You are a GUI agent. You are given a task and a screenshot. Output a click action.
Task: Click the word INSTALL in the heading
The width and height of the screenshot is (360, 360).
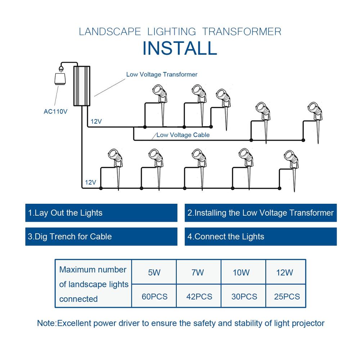(x=180, y=48)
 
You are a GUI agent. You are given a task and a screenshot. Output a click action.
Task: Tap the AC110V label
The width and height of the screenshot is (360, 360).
(x=55, y=112)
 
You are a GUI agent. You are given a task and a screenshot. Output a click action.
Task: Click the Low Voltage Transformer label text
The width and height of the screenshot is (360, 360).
(x=162, y=75)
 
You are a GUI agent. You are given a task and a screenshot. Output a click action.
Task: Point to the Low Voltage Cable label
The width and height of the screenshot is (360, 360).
(x=183, y=135)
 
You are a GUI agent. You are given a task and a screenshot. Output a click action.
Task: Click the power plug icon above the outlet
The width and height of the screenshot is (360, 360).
(x=61, y=69)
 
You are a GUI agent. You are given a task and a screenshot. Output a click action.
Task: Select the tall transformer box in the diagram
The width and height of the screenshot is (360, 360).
(x=82, y=86)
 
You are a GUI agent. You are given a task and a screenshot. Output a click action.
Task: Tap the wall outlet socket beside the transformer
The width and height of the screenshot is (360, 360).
(x=60, y=79)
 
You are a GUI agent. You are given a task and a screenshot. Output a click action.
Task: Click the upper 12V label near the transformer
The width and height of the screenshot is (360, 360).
(x=96, y=121)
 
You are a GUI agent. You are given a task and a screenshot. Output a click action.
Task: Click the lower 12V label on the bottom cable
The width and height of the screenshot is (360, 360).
(x=90, y=183)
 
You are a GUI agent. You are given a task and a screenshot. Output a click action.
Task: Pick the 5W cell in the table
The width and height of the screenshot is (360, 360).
(x=154, y=273)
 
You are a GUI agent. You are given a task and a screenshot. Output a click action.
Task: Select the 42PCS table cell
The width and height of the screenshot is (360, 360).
(x=199, y=297)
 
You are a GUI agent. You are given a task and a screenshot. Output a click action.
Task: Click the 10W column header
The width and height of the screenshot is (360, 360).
(x=241, y=273)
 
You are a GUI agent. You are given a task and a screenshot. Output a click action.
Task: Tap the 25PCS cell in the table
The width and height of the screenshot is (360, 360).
(x=287, y=297)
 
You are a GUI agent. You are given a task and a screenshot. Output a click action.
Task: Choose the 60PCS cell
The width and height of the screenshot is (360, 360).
(x=154, y=297)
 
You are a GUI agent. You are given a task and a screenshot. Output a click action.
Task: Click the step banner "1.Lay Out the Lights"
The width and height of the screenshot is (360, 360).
(x=65, y=213)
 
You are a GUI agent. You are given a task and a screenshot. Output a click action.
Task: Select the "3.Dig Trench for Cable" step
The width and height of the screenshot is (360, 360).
(x=69, y=237)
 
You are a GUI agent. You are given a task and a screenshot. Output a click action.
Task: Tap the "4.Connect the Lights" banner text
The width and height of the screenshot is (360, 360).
(x=226, y=237)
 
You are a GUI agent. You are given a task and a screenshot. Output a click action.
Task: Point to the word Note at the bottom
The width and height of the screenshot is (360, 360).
(x=46, y=323)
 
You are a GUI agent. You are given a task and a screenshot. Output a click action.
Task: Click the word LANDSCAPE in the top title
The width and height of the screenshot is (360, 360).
(x=110, y=32)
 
